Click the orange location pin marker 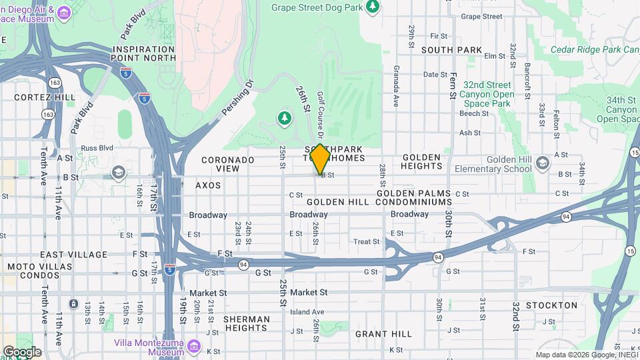(x=320, y=159)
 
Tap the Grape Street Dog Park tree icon (x=373, y=7)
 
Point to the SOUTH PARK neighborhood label (x=451, y=50)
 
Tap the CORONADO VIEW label (x=228, y=164)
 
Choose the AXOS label (x=207, y=185)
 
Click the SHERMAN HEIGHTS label (x=247, y=323)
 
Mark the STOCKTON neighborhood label (x=551, y=305)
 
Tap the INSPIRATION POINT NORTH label (x=144, y=54)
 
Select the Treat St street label (x=366, y=241)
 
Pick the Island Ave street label (x=307, y=311)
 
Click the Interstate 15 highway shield (x=630, y=249)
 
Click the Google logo (x=22, y=351)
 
